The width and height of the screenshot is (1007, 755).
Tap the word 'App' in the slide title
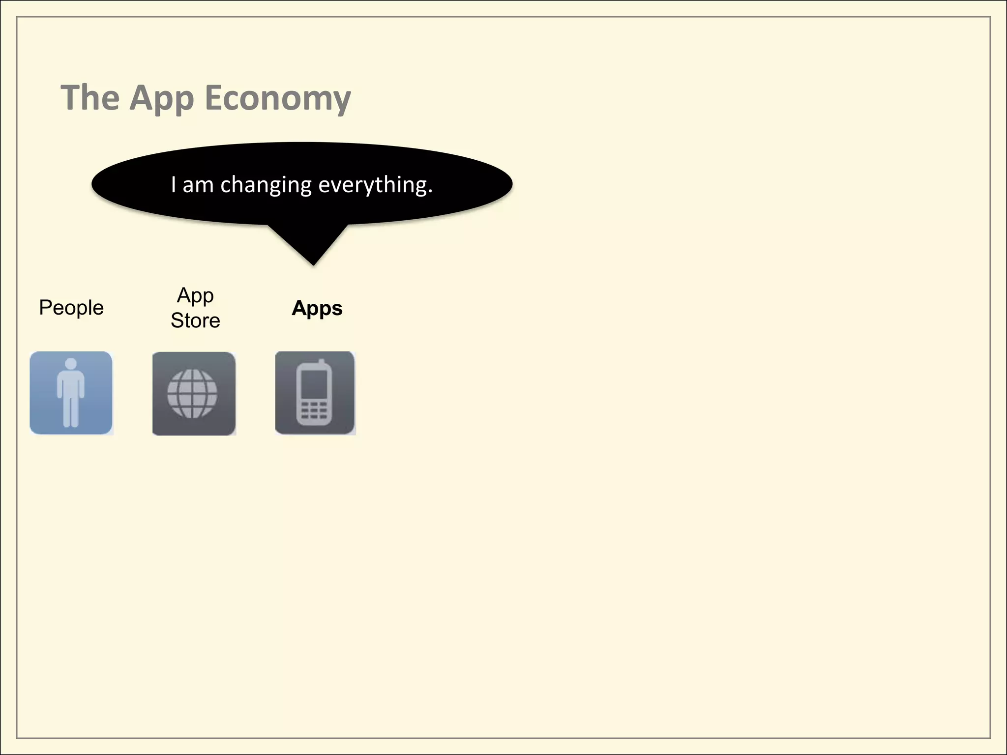162,98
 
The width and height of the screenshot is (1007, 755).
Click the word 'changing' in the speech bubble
266,185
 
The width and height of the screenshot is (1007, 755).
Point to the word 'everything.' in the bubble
376,185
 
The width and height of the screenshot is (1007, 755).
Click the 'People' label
71,308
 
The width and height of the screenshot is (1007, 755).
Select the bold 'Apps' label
317,308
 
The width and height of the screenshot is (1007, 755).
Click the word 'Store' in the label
195,320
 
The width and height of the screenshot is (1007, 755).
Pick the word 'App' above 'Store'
195,295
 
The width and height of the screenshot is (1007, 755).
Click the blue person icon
71,393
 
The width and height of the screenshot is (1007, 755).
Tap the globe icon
192,393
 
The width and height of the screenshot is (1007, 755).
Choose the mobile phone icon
315,393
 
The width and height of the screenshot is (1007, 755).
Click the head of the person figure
71,364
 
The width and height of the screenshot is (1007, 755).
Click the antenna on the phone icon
322,364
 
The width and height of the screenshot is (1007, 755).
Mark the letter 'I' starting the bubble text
174,185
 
